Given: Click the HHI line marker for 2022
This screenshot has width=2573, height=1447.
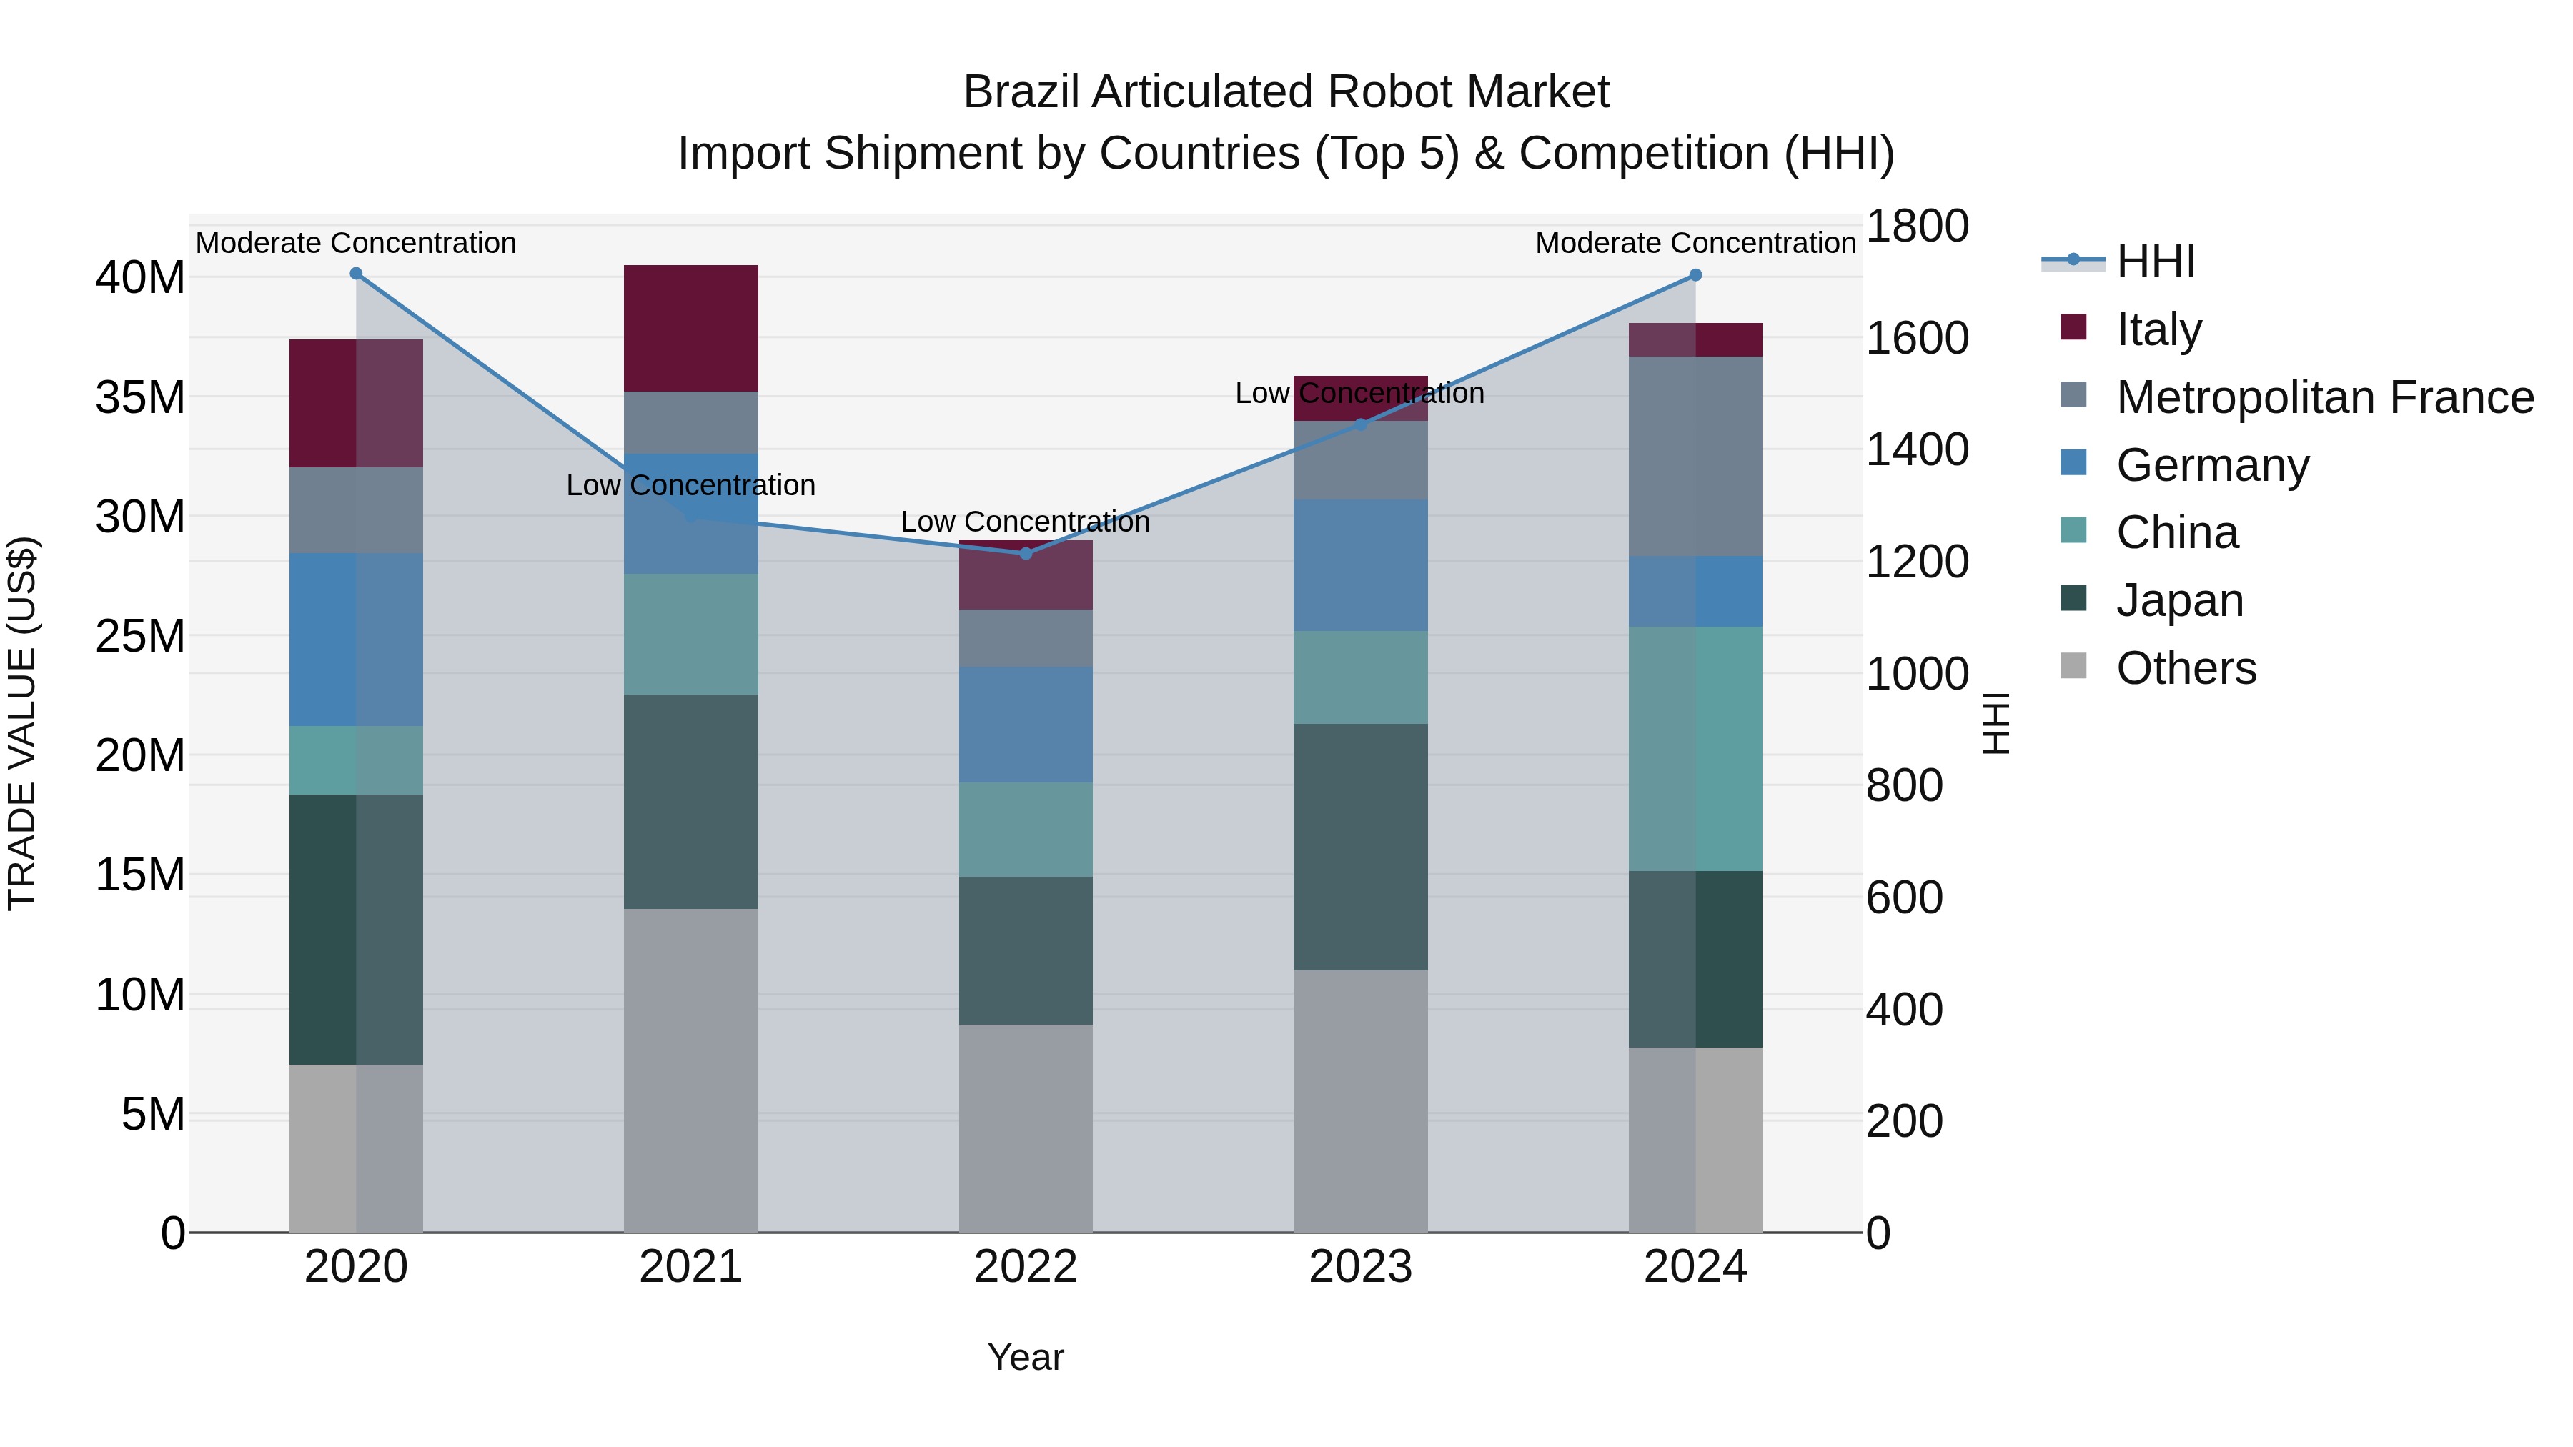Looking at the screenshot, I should click(1026, 553).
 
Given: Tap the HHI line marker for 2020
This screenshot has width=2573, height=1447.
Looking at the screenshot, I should click(356, 274).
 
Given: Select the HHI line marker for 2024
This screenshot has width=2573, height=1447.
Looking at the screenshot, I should click(1695, 276).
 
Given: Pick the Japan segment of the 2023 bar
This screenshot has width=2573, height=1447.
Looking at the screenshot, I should click(1360, 847).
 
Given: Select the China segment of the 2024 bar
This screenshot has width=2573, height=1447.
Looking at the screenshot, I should click(1695, 749).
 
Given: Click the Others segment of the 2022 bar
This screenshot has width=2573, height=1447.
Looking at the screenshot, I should click(1026, 1128).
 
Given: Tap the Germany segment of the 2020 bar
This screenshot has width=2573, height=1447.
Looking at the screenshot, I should click(356, 639).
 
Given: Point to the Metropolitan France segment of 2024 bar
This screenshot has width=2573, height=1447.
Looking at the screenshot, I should click(1695, 457).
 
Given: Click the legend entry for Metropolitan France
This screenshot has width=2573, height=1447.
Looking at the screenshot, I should click(2324, 397).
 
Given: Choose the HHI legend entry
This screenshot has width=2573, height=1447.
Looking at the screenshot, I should click(2156, 262).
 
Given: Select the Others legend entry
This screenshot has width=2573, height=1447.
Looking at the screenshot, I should click(2186, 668).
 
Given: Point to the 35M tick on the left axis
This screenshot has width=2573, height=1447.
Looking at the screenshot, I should click(140, 397).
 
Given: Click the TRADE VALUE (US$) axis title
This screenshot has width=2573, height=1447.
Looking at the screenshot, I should click(22, 723).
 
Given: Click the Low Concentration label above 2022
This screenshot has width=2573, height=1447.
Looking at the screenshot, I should click(1026, 522).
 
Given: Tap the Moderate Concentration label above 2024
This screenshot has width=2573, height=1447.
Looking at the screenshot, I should click(1695, 243).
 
